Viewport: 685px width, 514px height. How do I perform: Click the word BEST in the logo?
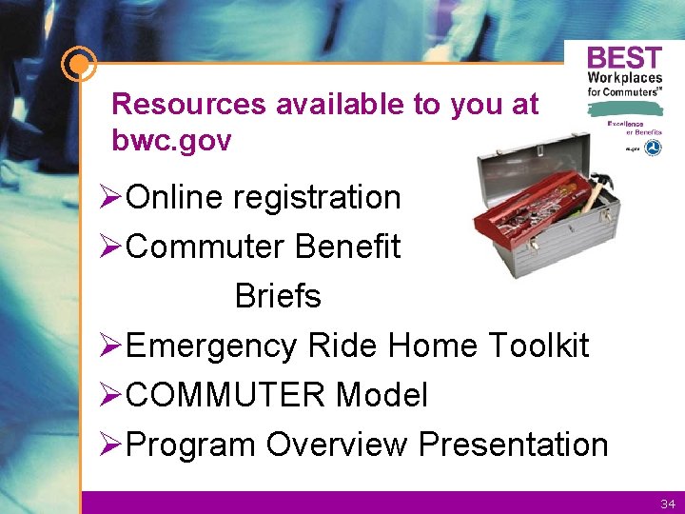[624, 58]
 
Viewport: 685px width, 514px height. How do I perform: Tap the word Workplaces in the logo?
[624, 78]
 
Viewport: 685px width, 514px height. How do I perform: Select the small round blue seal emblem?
[653, 148]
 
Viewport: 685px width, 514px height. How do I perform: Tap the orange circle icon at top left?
[78, 66]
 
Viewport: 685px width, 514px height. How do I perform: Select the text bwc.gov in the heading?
[171, 141]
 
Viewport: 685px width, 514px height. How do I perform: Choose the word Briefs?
[278, 297]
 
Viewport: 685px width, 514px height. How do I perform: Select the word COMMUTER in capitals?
[226, 395]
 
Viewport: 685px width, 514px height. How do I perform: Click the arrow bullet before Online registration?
[111, 198]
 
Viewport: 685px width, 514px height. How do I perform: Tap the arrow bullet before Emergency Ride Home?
[111, 346]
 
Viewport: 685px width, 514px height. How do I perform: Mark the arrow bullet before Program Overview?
[111, 445]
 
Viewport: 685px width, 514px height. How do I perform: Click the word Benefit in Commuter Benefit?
[348, 247]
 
